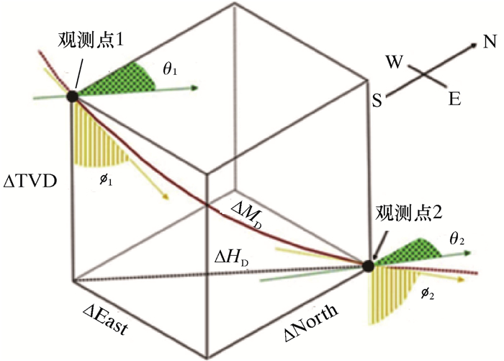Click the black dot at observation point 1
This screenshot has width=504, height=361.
[73, 96]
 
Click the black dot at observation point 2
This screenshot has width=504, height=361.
[368, 265]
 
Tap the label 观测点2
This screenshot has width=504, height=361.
[407, 214]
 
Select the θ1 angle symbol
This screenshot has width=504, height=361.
[170, 71]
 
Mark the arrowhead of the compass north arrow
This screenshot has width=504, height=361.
[474, 45]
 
